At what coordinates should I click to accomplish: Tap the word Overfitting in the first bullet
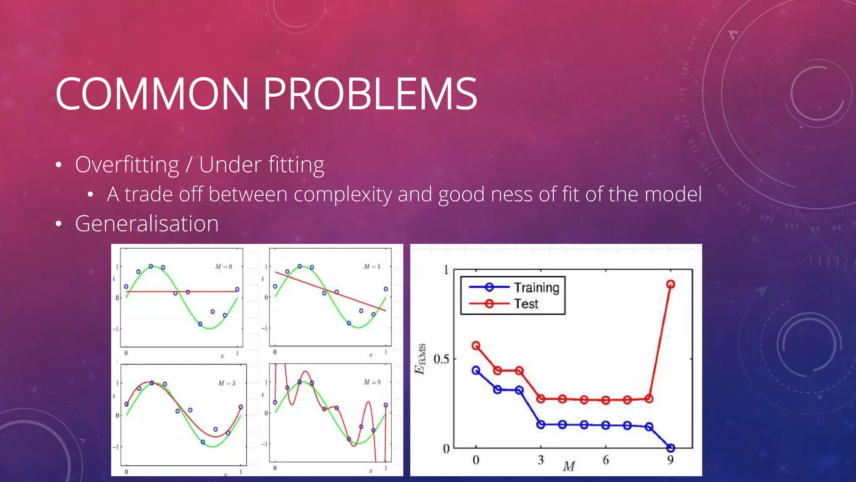pos(127,165)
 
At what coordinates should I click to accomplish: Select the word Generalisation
pos(147,223)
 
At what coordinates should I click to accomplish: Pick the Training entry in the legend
pos(536,287)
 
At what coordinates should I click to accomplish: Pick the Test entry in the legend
pos(526,304)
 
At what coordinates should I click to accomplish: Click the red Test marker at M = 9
pos(670,285)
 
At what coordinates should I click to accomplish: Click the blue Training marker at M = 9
pos(670,448)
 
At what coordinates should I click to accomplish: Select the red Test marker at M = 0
pos(476,346)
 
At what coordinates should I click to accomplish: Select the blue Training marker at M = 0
pos(476,370)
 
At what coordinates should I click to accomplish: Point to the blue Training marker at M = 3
pos(540,424)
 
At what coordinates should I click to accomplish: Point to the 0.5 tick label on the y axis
pos(441,359)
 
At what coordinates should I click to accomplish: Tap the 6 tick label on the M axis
pos(606,460)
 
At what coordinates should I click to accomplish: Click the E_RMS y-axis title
pos(420,359)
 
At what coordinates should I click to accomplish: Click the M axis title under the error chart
pos(569,466)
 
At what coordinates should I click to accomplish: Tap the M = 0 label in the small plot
pos(223,267)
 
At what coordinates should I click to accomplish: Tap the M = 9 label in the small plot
pos(372,382)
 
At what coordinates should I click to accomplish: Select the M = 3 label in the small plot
pos(227,383)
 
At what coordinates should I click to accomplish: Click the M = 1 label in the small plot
pos(372,267)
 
